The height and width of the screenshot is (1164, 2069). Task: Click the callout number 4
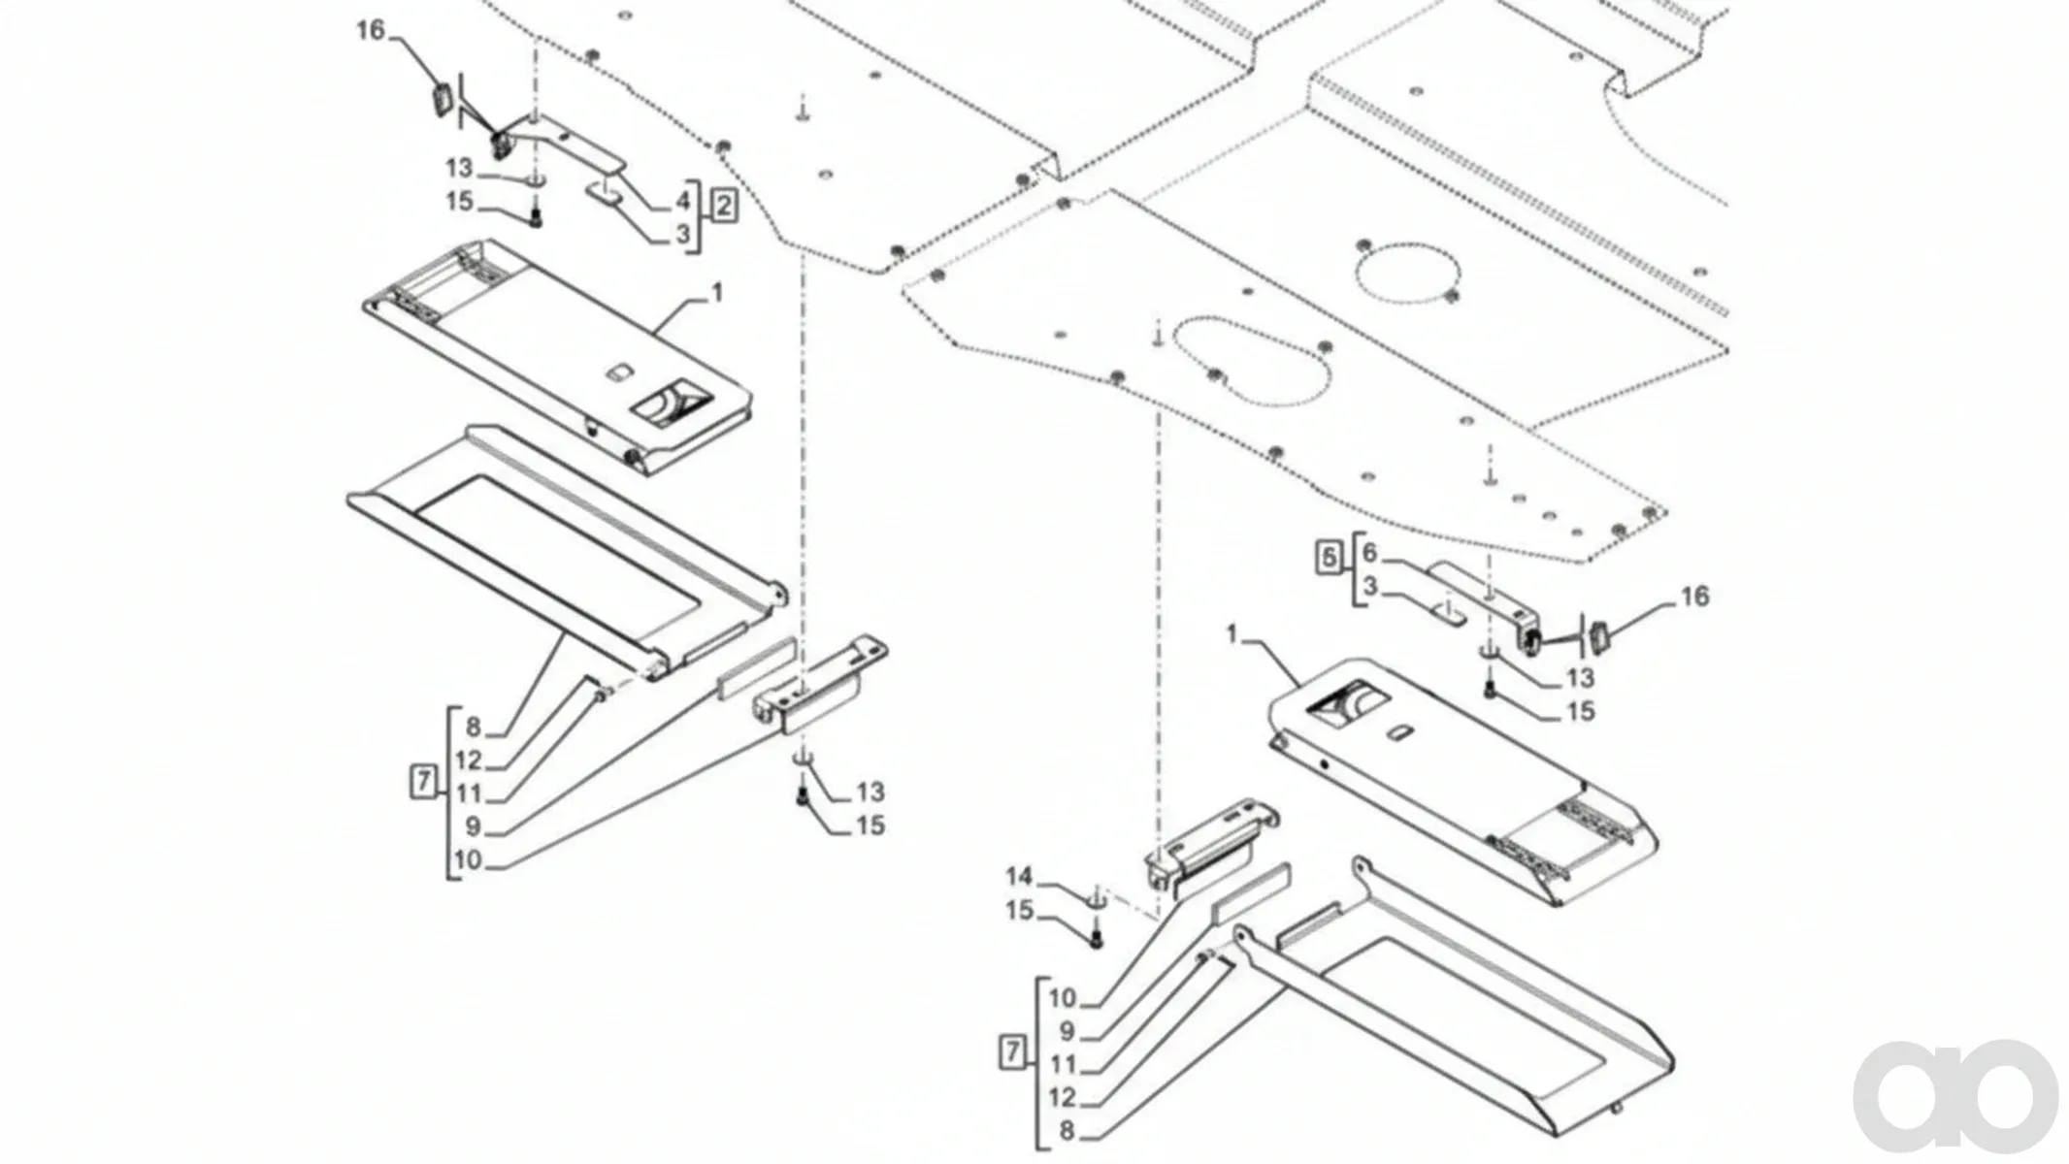pos(683,201)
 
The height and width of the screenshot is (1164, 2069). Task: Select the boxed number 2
pos(724,206)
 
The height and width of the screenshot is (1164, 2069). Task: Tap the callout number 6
pos(1369,553)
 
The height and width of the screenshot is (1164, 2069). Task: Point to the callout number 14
pos(1019,877)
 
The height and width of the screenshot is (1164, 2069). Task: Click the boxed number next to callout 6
pos(1330,558)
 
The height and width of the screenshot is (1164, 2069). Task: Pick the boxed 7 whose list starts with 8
pos(423,781)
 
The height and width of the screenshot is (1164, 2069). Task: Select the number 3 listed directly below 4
pos(683,234)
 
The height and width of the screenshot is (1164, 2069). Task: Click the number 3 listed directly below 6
pos(1369,587)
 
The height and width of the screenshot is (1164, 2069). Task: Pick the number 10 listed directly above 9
pos(1062,997)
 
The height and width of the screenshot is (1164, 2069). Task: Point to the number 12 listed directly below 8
pos(469,760)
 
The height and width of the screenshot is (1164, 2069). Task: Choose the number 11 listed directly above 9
pos(1064,1064)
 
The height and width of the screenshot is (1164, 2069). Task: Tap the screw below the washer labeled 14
pos(1097,938)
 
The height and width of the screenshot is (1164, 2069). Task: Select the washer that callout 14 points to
pos(1096,901)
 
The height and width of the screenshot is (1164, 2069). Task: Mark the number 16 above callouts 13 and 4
pos(371,30)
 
